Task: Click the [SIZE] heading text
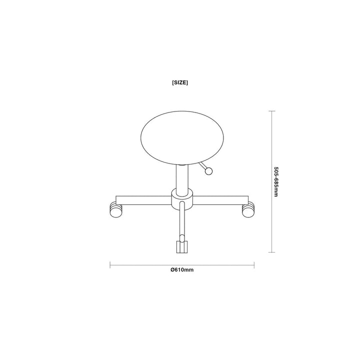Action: coord(180,82)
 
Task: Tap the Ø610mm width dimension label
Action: coord(182,270)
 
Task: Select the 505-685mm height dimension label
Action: coord(275,181)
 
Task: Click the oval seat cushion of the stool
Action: coord(182,138)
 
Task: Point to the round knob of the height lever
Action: coord(208,171)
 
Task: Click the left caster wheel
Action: coord(116,209)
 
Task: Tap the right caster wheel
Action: coord(248,209)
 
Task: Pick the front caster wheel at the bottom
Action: coord(182,247)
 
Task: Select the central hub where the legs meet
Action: coord(182,199)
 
